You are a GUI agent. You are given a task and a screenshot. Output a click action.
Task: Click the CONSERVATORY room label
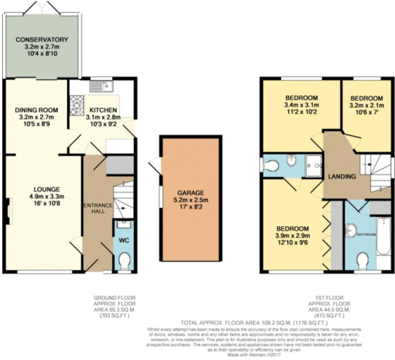42,40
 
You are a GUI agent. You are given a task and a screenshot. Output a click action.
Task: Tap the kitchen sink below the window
101,86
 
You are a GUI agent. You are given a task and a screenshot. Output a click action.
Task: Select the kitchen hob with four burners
77,105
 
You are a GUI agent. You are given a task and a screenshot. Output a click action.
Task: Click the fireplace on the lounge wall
8,211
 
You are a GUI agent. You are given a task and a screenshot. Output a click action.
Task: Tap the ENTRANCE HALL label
98,208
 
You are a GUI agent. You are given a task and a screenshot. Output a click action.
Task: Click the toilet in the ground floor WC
124,262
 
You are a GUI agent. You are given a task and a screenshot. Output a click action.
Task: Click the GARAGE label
190,193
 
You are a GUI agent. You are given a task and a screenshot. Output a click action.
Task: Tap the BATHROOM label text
367,235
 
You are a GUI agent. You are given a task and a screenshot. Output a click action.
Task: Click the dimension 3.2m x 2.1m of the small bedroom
366,105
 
